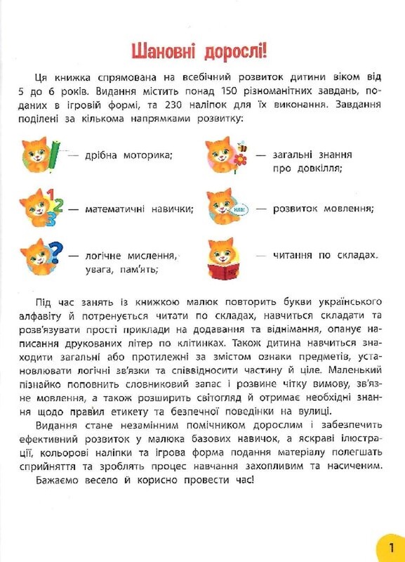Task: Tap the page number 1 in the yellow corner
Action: [x=390, y=547]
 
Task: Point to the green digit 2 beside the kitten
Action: [x=58, y=205]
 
